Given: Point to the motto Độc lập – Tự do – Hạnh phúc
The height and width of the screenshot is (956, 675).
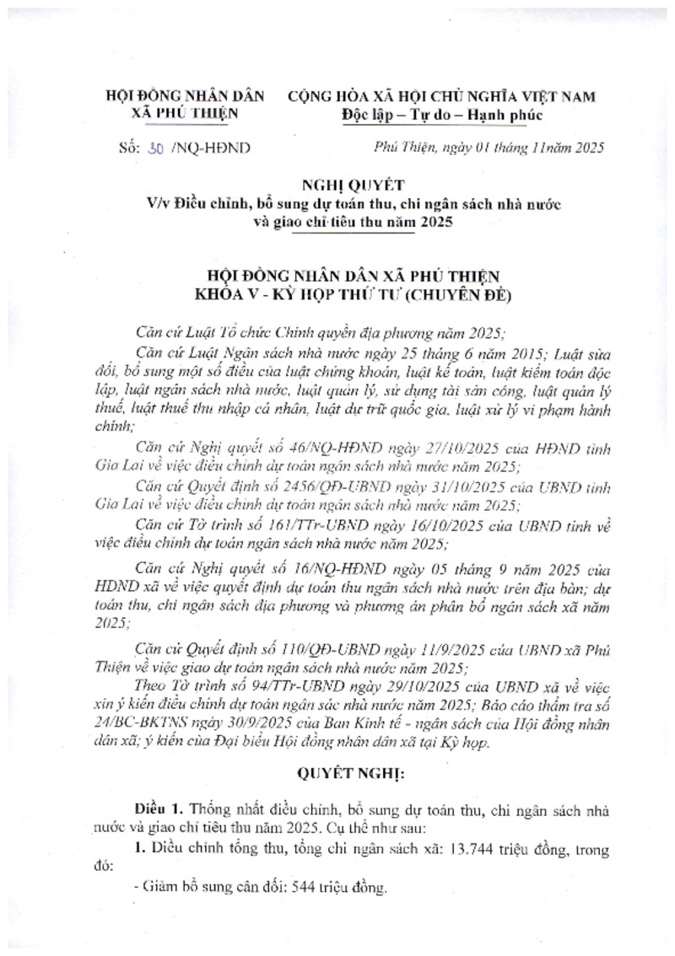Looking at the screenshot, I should click(x=442, y=114).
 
